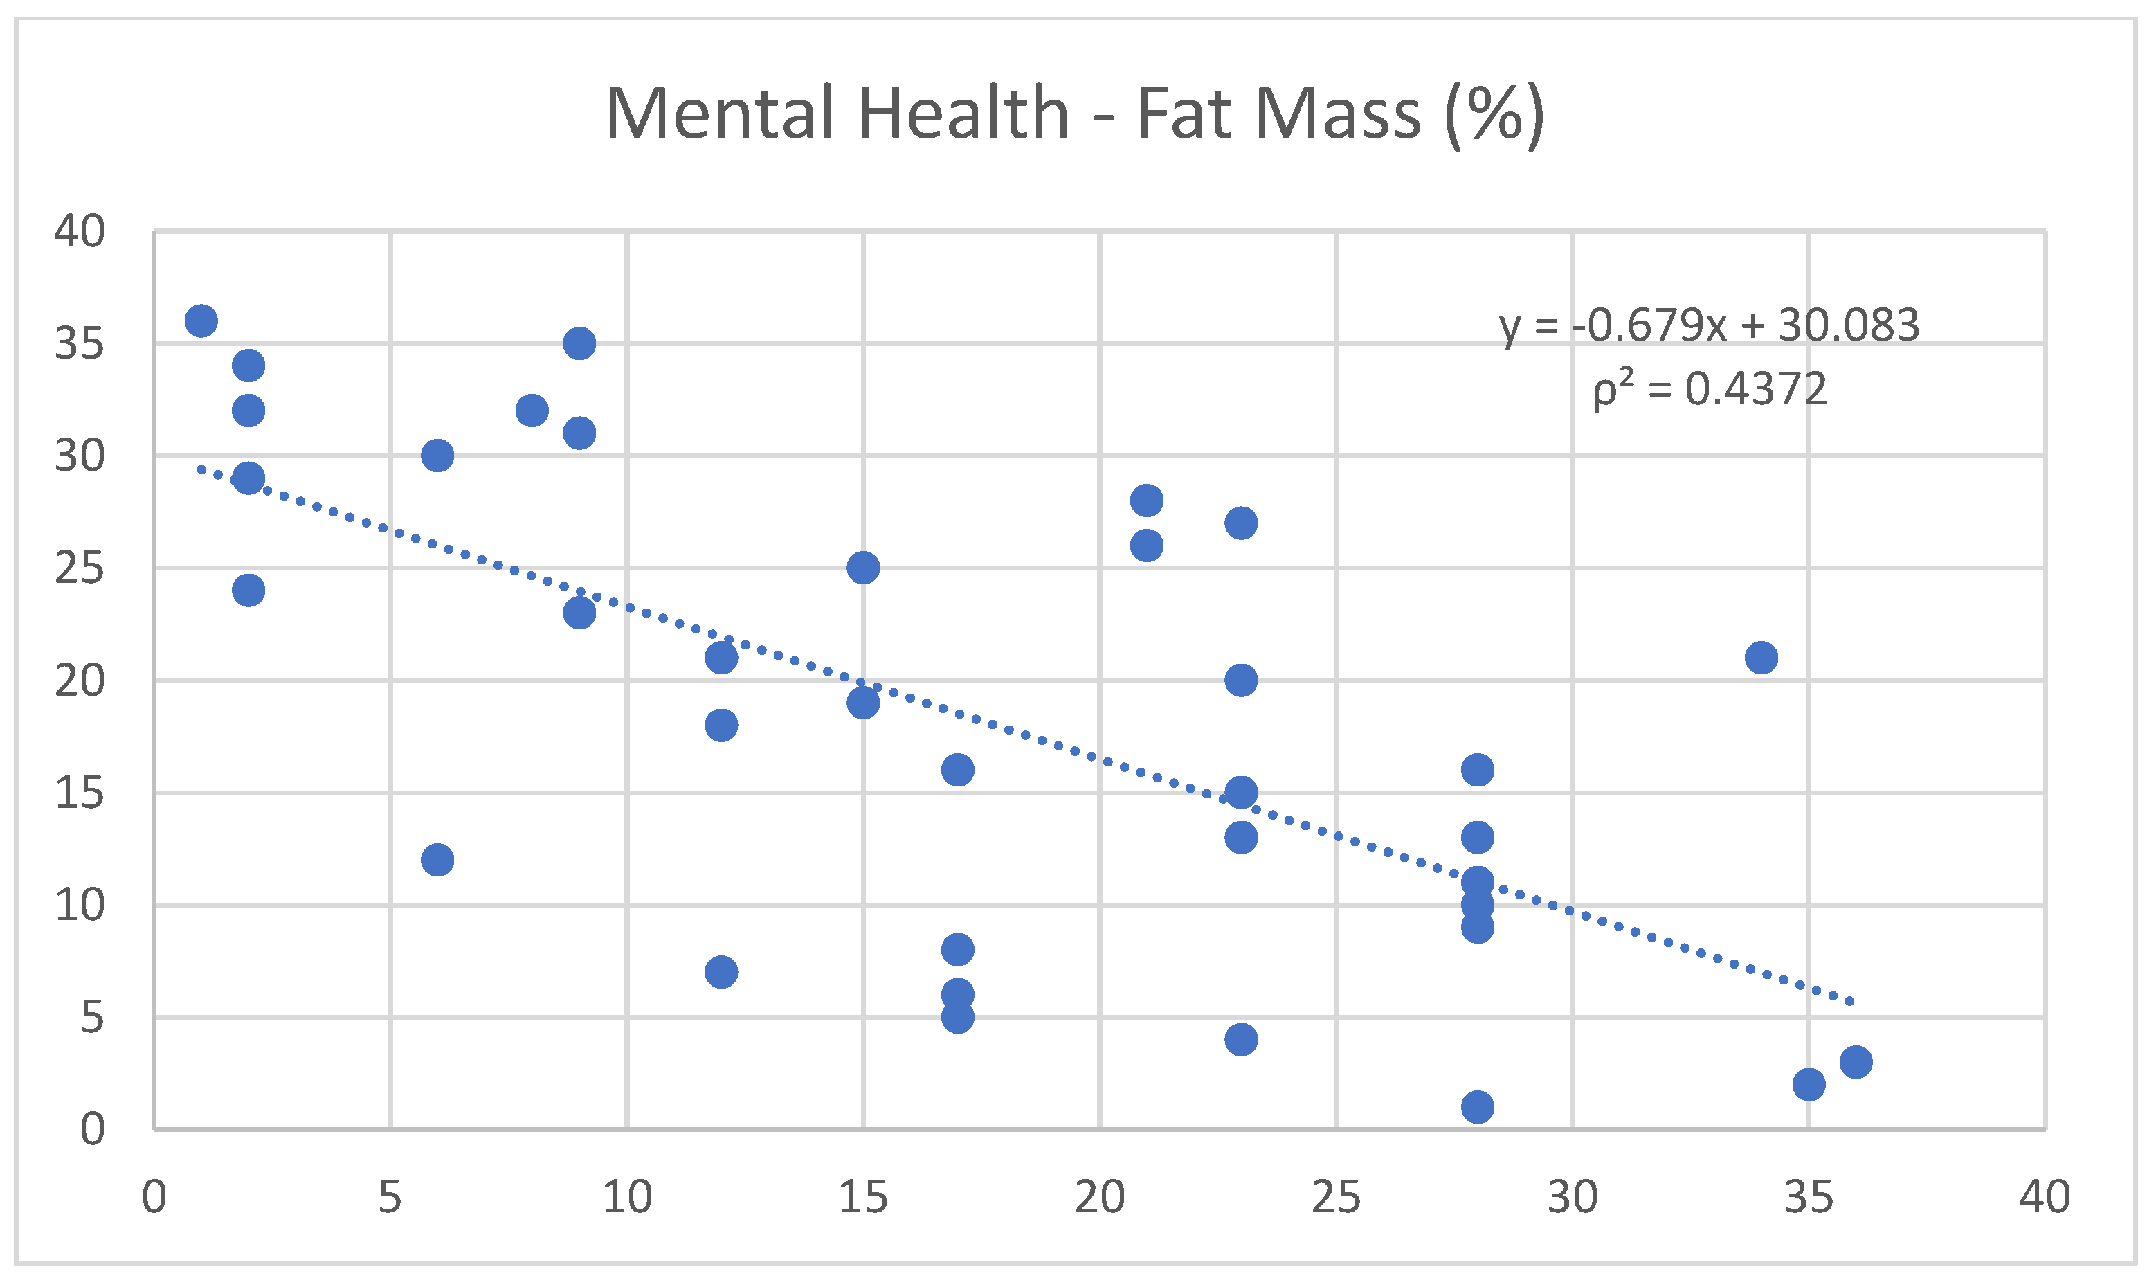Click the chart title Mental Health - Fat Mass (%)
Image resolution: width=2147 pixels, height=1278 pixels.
point(1073,114)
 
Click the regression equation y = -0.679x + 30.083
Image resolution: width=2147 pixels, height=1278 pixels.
point(1708,325)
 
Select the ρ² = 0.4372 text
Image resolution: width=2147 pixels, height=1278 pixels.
point(1708,389)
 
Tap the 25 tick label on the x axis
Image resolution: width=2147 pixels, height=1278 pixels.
point(1335,1197)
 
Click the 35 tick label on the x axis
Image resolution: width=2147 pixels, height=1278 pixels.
point(1808,1197)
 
